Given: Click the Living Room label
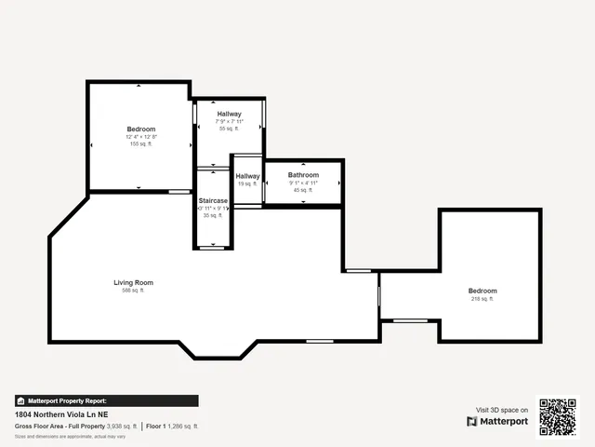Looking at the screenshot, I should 133,282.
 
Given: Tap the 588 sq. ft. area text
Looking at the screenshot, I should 133,291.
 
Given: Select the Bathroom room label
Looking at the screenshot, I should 303,175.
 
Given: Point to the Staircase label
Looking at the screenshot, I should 213,200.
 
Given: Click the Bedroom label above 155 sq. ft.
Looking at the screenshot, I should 141,129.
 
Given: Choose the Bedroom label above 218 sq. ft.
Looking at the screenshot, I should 483,291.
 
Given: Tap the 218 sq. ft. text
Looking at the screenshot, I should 483,299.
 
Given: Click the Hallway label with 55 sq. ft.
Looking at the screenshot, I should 229,114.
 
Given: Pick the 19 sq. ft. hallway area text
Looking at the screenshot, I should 247,184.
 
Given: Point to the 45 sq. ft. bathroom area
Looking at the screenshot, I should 303,190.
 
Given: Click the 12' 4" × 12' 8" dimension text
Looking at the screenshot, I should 141,137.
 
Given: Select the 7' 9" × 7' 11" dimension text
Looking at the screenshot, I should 229,121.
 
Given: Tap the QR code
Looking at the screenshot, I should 559,416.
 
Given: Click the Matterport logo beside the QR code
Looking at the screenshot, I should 497,421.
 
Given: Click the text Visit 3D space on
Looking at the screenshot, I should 502,410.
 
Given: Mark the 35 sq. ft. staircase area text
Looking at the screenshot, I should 213,215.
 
